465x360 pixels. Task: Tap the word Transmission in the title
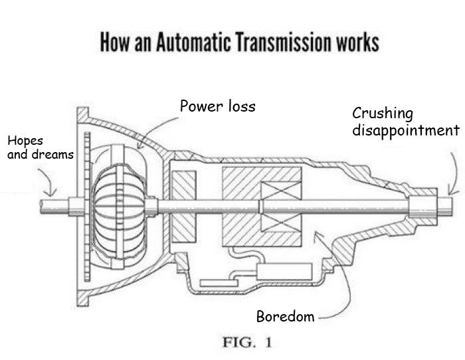(269, 43)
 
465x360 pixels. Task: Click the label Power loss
(217, 106)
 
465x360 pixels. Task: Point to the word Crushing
(382, 114)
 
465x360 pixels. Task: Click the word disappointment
(405, 130)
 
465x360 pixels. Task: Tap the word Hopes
(25, 141)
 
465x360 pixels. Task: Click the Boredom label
(285, 316)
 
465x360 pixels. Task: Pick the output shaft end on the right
(444, 203)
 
